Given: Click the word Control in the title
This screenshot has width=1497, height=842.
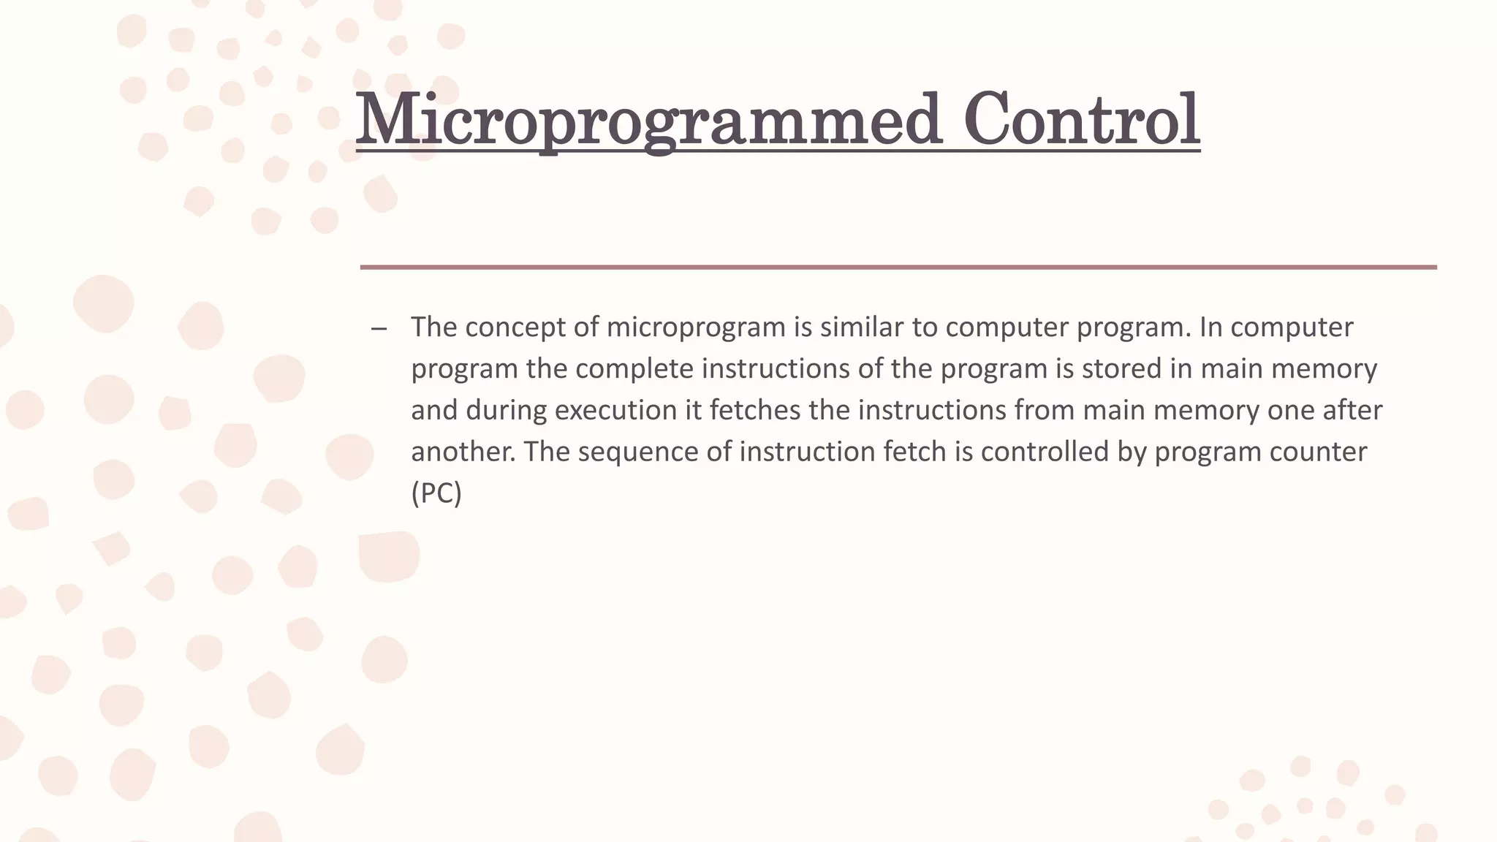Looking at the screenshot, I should pyautogui.click(x=1081, y=121).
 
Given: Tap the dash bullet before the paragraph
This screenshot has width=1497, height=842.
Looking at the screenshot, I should pyautogui.click(x=379, y=328).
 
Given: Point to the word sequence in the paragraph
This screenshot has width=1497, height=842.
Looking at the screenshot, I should pyautogui.click(x=637, y=452).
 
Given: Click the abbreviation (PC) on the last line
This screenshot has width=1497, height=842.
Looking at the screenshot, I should pyautogui.click(x=436, y=493).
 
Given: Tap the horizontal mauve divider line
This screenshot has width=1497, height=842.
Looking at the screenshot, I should pyautogui.click(x=898, y=268).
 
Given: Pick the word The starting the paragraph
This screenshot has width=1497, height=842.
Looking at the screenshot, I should pyautogui.click(x=433, y=327).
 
